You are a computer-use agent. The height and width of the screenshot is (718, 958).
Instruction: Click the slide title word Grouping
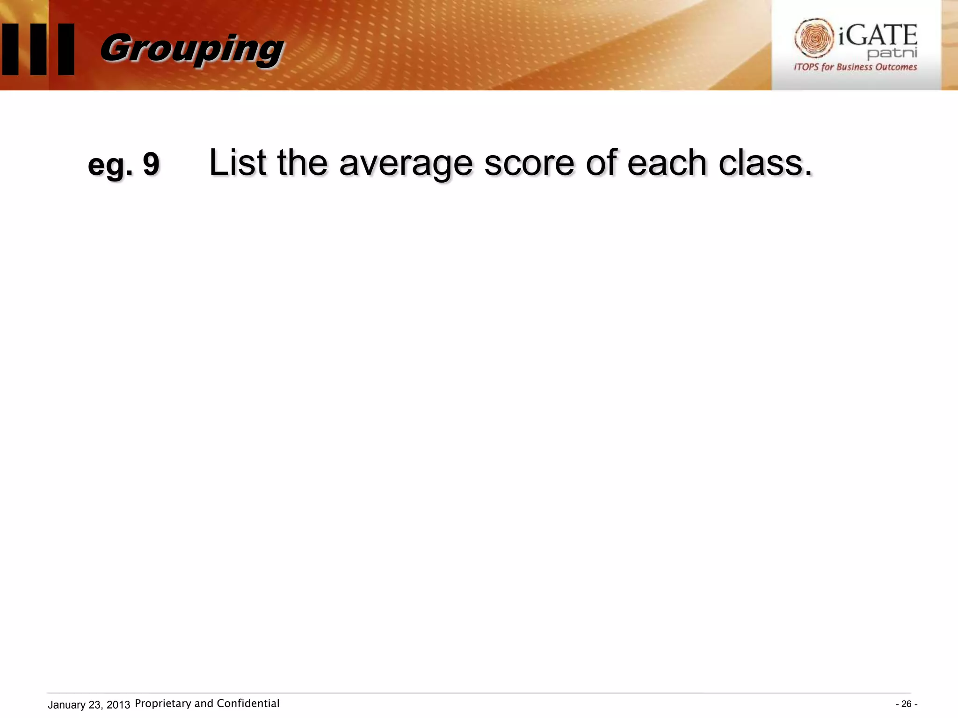192,49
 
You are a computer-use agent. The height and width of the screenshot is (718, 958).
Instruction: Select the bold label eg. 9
123,165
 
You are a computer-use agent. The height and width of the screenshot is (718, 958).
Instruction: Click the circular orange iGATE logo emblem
813,38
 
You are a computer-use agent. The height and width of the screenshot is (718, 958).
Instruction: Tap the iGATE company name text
878,36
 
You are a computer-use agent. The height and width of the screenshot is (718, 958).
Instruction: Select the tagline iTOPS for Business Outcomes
855,67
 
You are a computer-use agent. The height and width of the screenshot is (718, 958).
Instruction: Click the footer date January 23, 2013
89,705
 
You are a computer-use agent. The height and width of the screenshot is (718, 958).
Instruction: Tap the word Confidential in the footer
248,704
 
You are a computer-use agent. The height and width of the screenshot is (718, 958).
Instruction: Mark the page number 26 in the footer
906,704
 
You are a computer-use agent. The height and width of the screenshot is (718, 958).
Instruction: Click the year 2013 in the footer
118,705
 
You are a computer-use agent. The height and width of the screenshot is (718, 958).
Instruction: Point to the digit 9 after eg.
151,165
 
